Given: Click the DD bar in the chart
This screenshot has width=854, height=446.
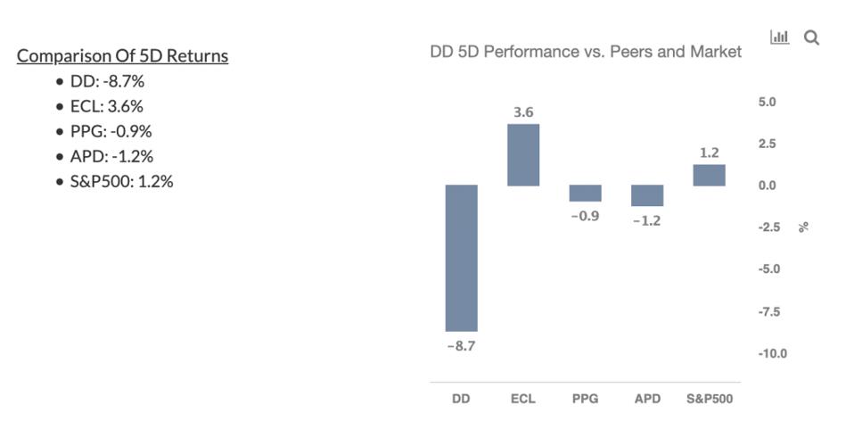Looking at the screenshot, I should pos(461,258).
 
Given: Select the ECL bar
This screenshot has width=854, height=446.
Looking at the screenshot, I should pos(523,154).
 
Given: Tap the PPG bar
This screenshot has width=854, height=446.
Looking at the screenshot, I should pos(586,193).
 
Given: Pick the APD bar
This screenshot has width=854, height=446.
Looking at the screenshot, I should pos(647,195).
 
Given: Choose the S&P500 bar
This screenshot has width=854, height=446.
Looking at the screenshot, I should pos(709,175).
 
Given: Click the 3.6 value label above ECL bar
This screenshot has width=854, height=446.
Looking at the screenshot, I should pos(523,112).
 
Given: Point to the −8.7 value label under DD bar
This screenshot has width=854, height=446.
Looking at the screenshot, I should pos(461,346).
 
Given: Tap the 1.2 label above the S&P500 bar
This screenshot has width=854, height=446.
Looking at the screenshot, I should pos(709,153).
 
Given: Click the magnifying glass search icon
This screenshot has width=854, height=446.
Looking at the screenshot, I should pos(811,37).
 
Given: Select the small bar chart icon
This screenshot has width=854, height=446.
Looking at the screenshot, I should pos(780,37).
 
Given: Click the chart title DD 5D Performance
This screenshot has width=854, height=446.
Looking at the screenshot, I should pos(585,52).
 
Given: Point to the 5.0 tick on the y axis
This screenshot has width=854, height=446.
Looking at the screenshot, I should pos(767,102).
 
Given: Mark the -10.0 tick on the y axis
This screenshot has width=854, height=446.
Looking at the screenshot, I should pos(772,353).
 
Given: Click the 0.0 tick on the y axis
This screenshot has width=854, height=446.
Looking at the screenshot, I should pos(767,186).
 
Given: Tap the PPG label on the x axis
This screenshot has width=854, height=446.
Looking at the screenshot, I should pos(586,399).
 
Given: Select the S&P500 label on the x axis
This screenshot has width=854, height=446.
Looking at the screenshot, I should pos(710,399).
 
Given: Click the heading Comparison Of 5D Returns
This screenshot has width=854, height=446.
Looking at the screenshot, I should pos(122,55).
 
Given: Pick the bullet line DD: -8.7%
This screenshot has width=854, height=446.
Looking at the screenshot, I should pos(107,81).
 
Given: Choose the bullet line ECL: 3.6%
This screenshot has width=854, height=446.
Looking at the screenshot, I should pos(106,106).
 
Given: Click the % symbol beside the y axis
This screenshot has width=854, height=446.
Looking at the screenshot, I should pos(804,227).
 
